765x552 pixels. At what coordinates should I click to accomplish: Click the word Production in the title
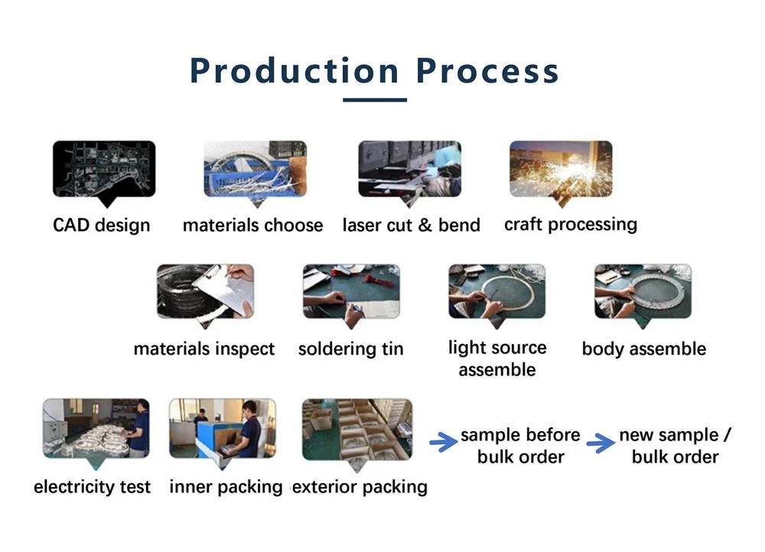pyautogui.click(x=295, y=72)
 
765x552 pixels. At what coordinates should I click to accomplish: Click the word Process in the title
pyautogui.click(x=487, y=72)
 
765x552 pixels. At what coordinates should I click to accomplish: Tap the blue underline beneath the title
pyautogui.click(x=375, y=100)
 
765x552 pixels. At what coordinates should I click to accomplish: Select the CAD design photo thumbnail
pyautogui.click(x=104, y=169)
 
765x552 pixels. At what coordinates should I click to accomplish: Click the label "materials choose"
pyautogui.click(x=252, y=226)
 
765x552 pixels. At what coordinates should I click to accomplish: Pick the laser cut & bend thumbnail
pyautogui.click(x=410, y=169)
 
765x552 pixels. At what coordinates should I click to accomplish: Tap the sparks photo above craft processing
pyautogui.click(x=561, y=169)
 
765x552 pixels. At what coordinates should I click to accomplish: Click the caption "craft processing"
pyautogui.click(x=571, y=225)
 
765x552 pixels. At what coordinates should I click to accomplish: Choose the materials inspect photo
pyautogui.click(x=205, y=291)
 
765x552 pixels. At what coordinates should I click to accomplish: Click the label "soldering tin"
pyautogui.click(x=351, y=349)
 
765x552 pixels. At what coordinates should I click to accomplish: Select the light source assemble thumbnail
pyautogui.click(x=497, y=291)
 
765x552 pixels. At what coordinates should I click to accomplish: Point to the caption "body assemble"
pyautogui.click(x=644, y=349)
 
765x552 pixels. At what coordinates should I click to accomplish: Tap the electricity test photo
pyautogui.click(x=96, y=428)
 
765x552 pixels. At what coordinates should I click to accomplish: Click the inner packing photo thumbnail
pyautogui.click(x=223, y=428)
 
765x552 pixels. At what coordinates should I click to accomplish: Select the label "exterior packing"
pyautogui.click(x=360, y=487)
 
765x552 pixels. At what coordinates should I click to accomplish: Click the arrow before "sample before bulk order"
pyautogui.click(x=443, y=442)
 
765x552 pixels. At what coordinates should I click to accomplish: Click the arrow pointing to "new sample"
pyautogui.click(x=601, y=442)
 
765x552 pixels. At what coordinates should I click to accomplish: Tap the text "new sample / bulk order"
pyautogui.click(x=675, y=446)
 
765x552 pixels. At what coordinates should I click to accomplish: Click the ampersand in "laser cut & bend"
pyautogui.click(x=425, y=226)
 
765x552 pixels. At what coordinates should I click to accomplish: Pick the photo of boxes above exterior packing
pyautogui.click(x=357, y=429)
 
